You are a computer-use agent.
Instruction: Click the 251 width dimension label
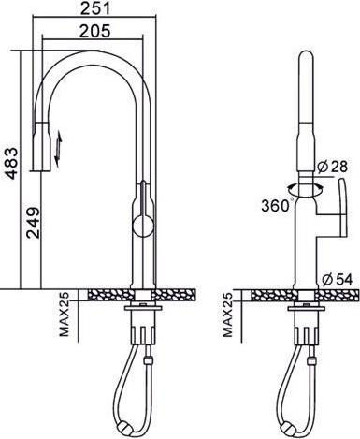coord(95,7)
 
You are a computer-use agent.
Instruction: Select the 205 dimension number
coord(94,31)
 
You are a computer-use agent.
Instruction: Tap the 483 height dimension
coord(12,163)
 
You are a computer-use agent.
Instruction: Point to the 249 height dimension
coord(33,223)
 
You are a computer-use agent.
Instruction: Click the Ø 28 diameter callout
coord(332,167)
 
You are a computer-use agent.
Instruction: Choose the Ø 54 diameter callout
coord(337,279)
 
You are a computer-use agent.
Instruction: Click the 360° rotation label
coord(276,205)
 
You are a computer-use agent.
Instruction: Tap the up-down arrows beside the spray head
coord(58,149)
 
